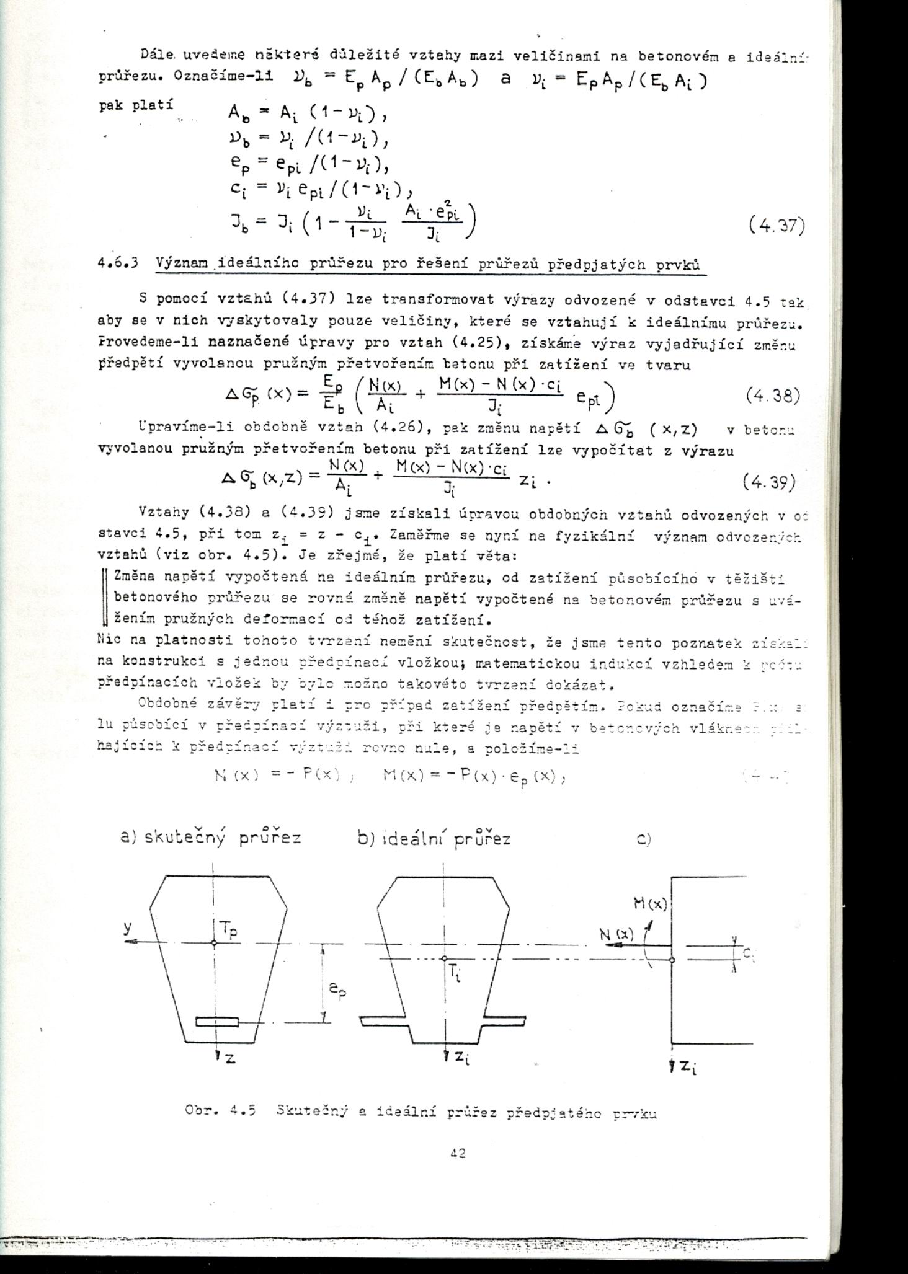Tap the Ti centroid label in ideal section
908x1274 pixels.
tap(458, 977)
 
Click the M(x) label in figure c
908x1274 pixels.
tap(649, 905)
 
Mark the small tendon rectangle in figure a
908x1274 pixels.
tap(216, 1021)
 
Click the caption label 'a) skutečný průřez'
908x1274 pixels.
tap(210, 838)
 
